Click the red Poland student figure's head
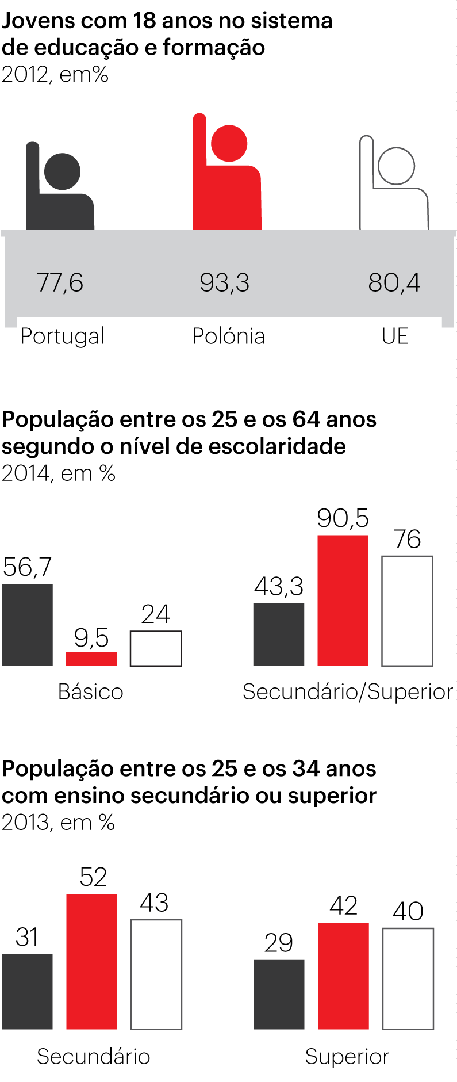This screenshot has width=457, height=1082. pos(229,143)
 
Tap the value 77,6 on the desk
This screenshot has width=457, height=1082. pos(60,282)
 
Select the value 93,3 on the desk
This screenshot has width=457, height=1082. pos(225,282)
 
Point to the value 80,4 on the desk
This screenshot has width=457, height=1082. pos(394,282)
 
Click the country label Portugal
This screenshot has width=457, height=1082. pos(62,336)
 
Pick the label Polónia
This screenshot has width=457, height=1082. pos(228,336)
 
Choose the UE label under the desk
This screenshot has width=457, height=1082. pos(395,336)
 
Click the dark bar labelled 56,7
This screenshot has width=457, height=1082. pos(27,625)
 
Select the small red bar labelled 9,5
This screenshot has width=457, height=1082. pos(91,659)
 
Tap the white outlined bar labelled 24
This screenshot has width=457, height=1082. pos(156,649)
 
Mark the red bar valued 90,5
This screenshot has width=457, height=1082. pos(343,601)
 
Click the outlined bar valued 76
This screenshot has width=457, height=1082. pos(408,611)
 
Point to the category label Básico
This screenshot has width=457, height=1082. pos(91,691)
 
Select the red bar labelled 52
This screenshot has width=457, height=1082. pos(92,962)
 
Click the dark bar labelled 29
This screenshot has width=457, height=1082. pos(279,995)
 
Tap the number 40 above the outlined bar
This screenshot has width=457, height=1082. pos(408,911)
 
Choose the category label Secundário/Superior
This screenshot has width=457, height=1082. pos(348,691)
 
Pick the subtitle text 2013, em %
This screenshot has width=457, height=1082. pos(58,823)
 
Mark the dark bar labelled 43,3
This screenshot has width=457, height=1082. pos(279,634)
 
